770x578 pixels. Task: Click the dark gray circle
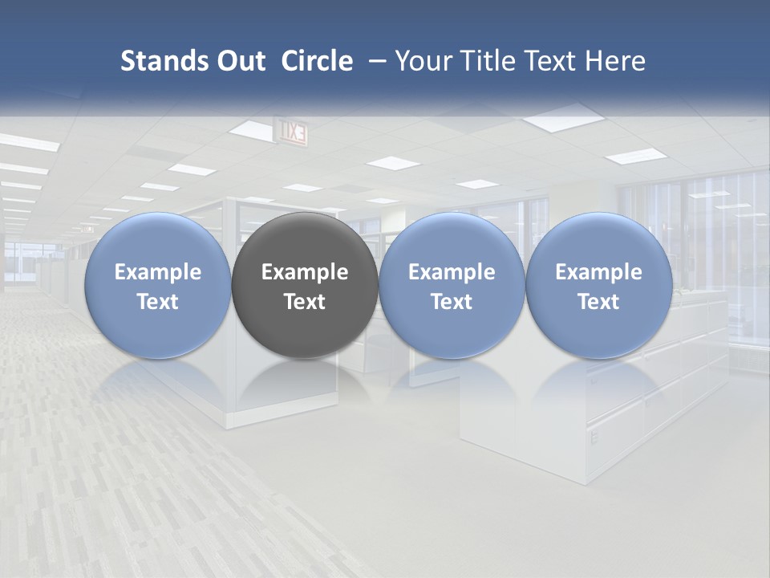point(305,285)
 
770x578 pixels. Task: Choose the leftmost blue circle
point(157,285)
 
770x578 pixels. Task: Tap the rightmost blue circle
point(599,285)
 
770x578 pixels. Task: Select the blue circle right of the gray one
point(452,285)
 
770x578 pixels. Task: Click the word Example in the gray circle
point(305,272)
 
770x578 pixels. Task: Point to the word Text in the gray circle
point(305,302)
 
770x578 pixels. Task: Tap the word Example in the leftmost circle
point(157,272)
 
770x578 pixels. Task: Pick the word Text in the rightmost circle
point(599,302)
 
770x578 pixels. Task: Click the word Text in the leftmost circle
point(157,302)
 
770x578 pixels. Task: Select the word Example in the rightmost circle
point(599,272)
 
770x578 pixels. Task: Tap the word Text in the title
point(557,61)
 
